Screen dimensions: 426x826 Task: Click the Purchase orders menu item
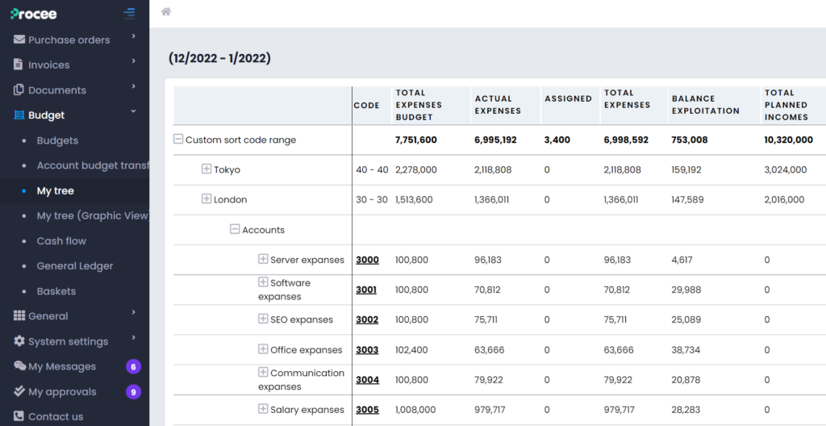coord(69,40)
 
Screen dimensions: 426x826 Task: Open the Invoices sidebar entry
coord(48,65)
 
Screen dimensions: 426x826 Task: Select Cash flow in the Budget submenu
coord(61,240)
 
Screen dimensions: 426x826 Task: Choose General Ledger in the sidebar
coord(75,265)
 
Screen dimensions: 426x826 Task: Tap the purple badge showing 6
coord(133,366)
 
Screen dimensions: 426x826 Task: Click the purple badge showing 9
coord(133,391)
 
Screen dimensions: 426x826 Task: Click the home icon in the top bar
coord(166,11)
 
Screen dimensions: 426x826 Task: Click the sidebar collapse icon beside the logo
coord(129,13)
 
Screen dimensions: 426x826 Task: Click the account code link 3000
coord(367,260)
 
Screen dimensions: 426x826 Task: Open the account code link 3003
coord(367,350)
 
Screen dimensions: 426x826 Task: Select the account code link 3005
coord(367,410)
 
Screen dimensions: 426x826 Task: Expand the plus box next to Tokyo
coord(206,169)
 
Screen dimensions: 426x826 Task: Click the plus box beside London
coord(206,199)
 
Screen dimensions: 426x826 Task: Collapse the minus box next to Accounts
coord(235,229)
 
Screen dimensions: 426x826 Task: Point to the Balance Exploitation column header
coord(705,105)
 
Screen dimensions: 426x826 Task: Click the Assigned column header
coord(568,98)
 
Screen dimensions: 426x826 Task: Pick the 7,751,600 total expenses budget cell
coord(415,140)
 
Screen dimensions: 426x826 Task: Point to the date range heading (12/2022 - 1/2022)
coord(219,58)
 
